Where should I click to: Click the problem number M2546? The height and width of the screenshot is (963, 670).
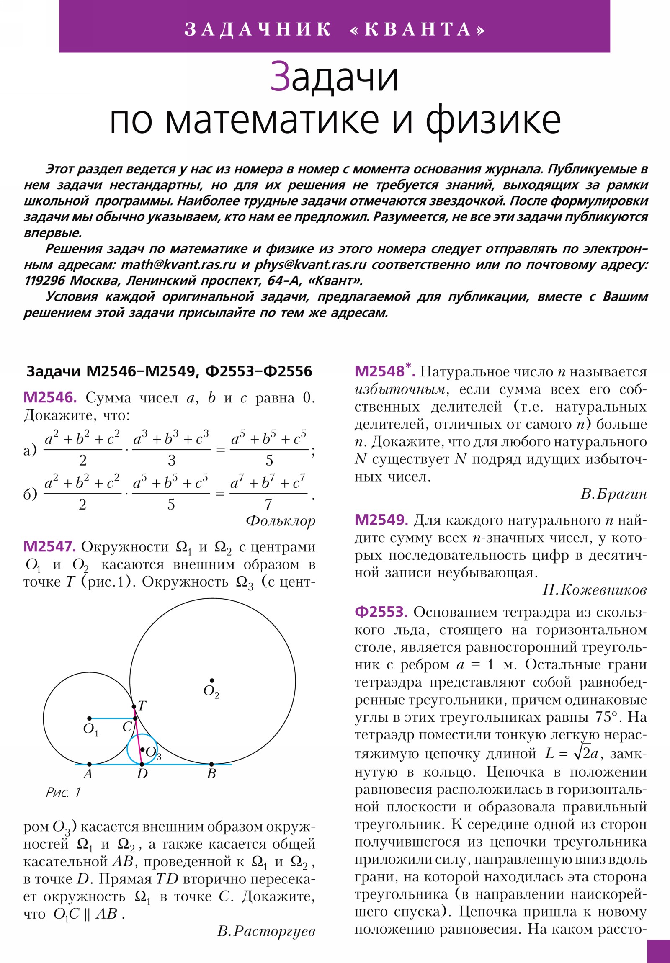tap(50, 397)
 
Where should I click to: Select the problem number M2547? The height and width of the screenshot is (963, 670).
tap(49, 546)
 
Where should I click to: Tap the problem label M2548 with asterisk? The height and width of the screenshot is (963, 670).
tap(384, 371)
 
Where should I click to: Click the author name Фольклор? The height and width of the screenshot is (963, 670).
tap(280, 521)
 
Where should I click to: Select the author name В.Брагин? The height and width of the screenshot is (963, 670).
tap(613, 494)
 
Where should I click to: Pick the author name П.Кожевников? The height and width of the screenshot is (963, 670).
tap(594, 590)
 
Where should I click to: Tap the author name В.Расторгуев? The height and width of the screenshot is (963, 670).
tap(266, 931)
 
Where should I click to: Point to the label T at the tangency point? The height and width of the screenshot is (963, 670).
tap(142, 706)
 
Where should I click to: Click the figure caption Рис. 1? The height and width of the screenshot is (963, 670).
tap(63, 792)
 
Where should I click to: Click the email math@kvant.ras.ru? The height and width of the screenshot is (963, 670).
tap(178, 265)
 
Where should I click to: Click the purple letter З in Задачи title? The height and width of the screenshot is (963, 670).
tap(280, 76)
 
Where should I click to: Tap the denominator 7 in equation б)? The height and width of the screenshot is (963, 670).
tap(268, 504)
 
